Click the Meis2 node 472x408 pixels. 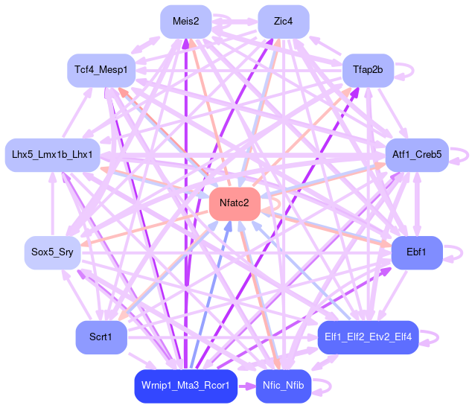(x=185, y=22)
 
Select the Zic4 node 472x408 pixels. (x=283, y=22)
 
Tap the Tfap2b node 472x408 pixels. (x=367, y=70)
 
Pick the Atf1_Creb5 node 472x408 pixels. (x=416, y=155)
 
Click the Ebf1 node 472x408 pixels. (x=417, y=253)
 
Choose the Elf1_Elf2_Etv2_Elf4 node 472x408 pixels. (x=368, y=337)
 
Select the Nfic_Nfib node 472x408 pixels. (x=282, y=386)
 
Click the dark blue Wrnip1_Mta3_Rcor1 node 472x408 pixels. (x=185, y=386)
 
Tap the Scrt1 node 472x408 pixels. (x=101, y=337)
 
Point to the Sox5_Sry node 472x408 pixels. (x=52, y=253)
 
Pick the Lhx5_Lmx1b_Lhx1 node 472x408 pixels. (x=52, y=155)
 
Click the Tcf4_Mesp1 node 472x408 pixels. (x=101, y=70)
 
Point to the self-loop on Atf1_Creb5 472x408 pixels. (x=460, y=155)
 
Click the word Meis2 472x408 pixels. (x=185, y=22)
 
